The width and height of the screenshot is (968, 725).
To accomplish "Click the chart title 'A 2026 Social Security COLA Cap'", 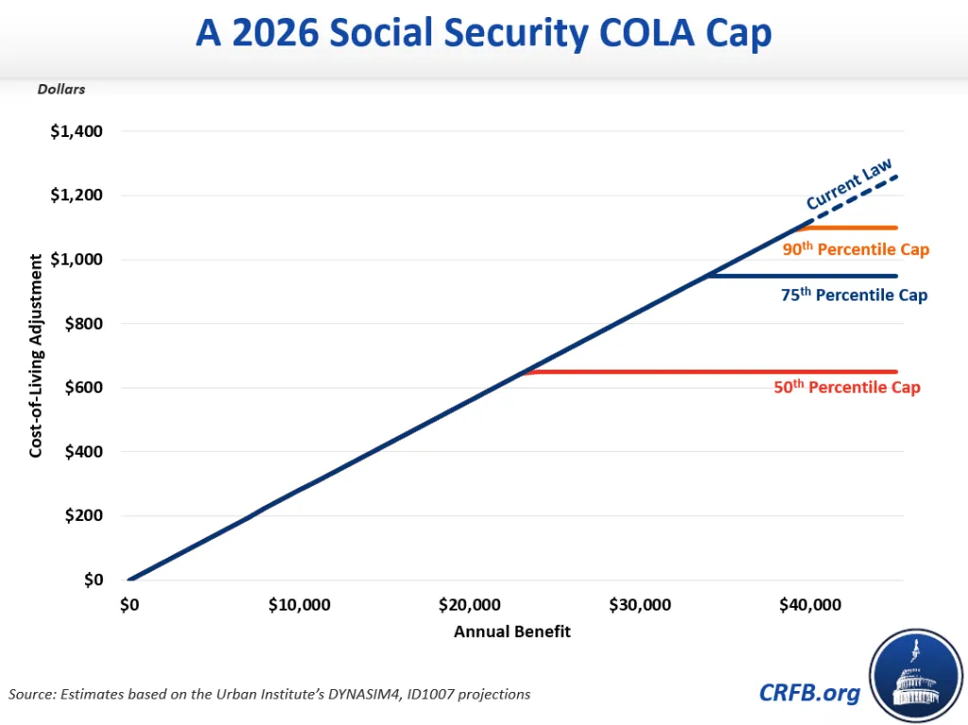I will point(483,34).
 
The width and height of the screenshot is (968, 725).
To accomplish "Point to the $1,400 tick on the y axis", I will point(76,131).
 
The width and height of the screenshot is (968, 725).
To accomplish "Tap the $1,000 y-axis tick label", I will point(76,260).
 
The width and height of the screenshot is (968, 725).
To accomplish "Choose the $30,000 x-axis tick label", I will point(639,605).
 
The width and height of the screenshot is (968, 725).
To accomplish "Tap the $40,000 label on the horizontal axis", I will point(809,605).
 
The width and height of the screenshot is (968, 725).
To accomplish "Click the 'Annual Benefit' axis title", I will point(512,631).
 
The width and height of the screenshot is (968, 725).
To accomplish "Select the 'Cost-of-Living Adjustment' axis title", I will point(36,355).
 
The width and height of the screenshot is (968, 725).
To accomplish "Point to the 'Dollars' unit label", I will point(61,90).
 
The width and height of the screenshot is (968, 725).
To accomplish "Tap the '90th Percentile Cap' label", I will point(856,250).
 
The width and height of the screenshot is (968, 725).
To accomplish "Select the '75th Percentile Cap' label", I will point(855,295).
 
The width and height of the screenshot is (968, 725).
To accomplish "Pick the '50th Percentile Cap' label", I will point(847,388).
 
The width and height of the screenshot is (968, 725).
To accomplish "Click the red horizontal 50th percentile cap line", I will point(709,371).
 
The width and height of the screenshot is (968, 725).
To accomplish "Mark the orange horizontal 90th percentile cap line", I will point(851,228).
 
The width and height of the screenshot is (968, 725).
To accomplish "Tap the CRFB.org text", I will point(810,693).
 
